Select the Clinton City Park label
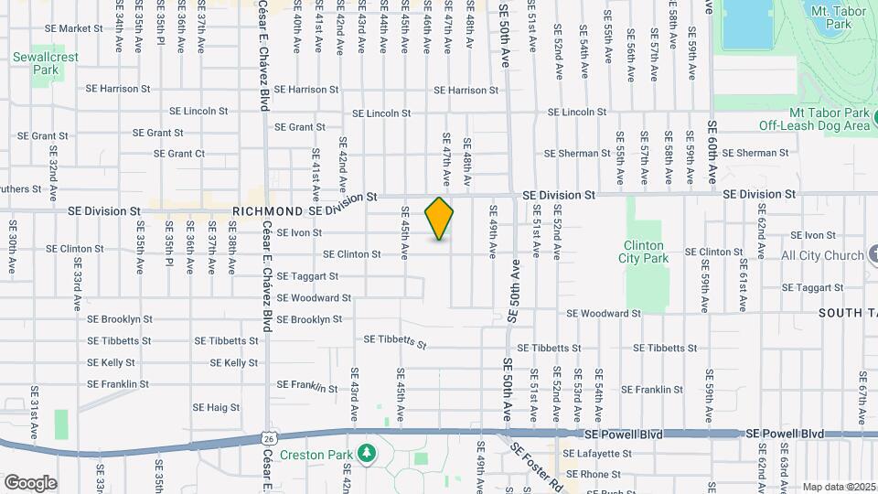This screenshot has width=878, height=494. click(646, 252)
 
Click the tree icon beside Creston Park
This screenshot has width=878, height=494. click(367, 453)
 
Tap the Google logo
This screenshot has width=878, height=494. click(30, 482)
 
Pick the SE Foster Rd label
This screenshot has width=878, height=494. click(533, 464)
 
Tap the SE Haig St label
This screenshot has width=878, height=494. click(216, 407)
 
